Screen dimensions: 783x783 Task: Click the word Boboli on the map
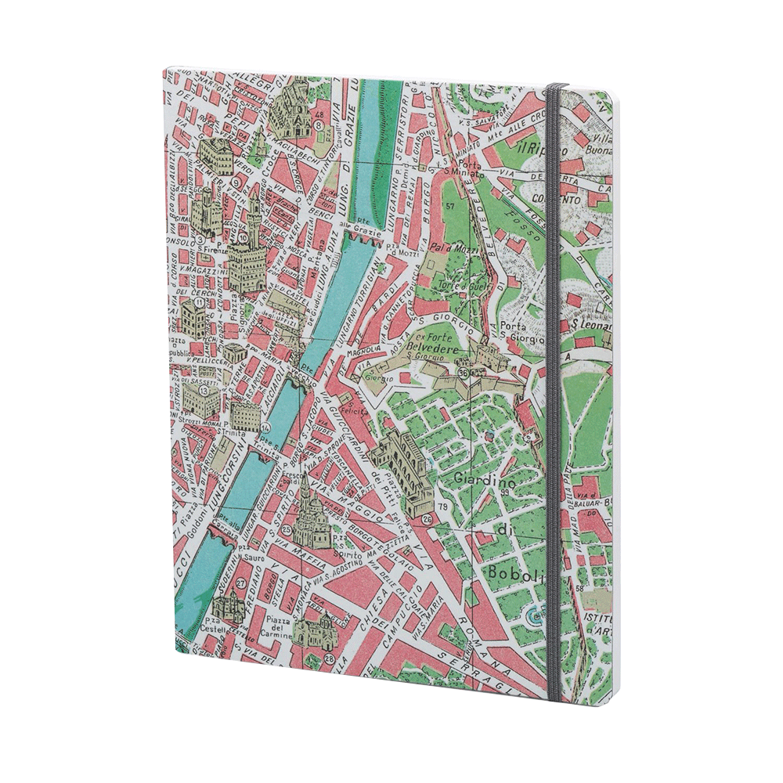point(511,574)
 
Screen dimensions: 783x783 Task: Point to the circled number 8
point(319,124)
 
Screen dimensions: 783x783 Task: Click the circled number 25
point(287,530)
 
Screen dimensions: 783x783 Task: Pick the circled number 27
point(241,583)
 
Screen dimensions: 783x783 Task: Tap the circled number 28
point(329,659)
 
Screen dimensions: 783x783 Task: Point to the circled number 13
point(204,389)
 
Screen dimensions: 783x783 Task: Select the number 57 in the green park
point(449,206)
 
